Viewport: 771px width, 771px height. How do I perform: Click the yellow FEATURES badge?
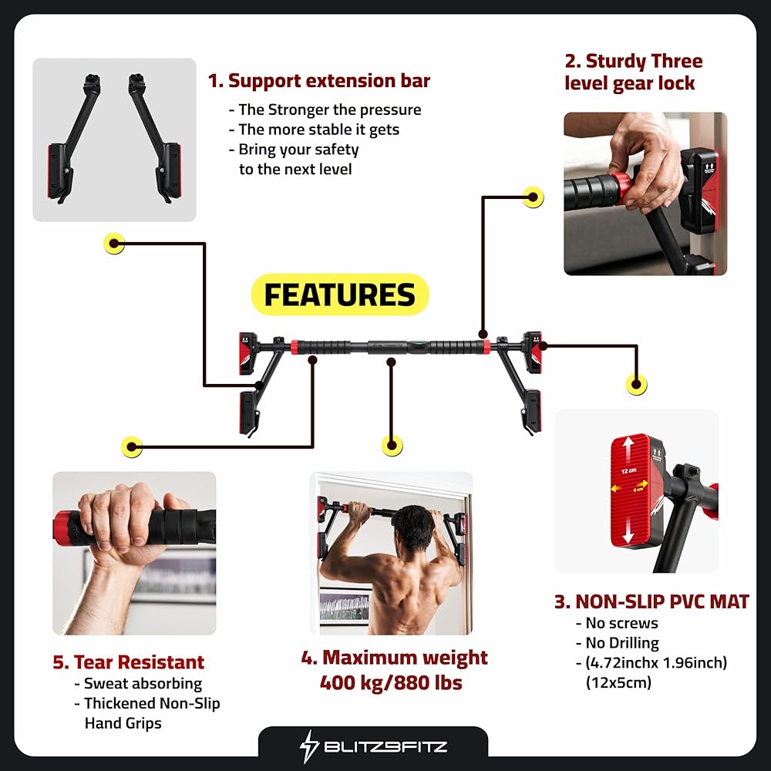point(340,295)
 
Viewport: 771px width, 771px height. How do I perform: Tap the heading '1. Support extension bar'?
point(318,81)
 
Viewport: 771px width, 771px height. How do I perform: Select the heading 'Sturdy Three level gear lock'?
point(633,72)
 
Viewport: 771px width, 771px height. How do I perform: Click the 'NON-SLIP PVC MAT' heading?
point(662,601)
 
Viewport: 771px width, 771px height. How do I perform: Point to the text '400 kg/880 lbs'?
point(391,682)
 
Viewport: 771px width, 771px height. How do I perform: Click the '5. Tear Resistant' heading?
point(128,662)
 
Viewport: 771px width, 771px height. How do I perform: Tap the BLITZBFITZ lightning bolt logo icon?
point(309,746)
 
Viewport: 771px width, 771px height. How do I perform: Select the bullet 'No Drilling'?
point(622,643)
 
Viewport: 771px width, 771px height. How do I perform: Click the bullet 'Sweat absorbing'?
point(143,683)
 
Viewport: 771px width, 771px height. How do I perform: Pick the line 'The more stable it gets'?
point(318,130)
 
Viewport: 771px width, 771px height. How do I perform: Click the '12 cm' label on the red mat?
point(628,470)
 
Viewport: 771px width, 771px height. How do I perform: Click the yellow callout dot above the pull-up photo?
point(392,446)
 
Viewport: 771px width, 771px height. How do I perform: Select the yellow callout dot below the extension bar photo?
point(114,243)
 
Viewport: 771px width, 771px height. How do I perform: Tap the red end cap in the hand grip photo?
point(63,528)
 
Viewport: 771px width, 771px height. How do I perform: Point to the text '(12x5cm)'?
point(618,682)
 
